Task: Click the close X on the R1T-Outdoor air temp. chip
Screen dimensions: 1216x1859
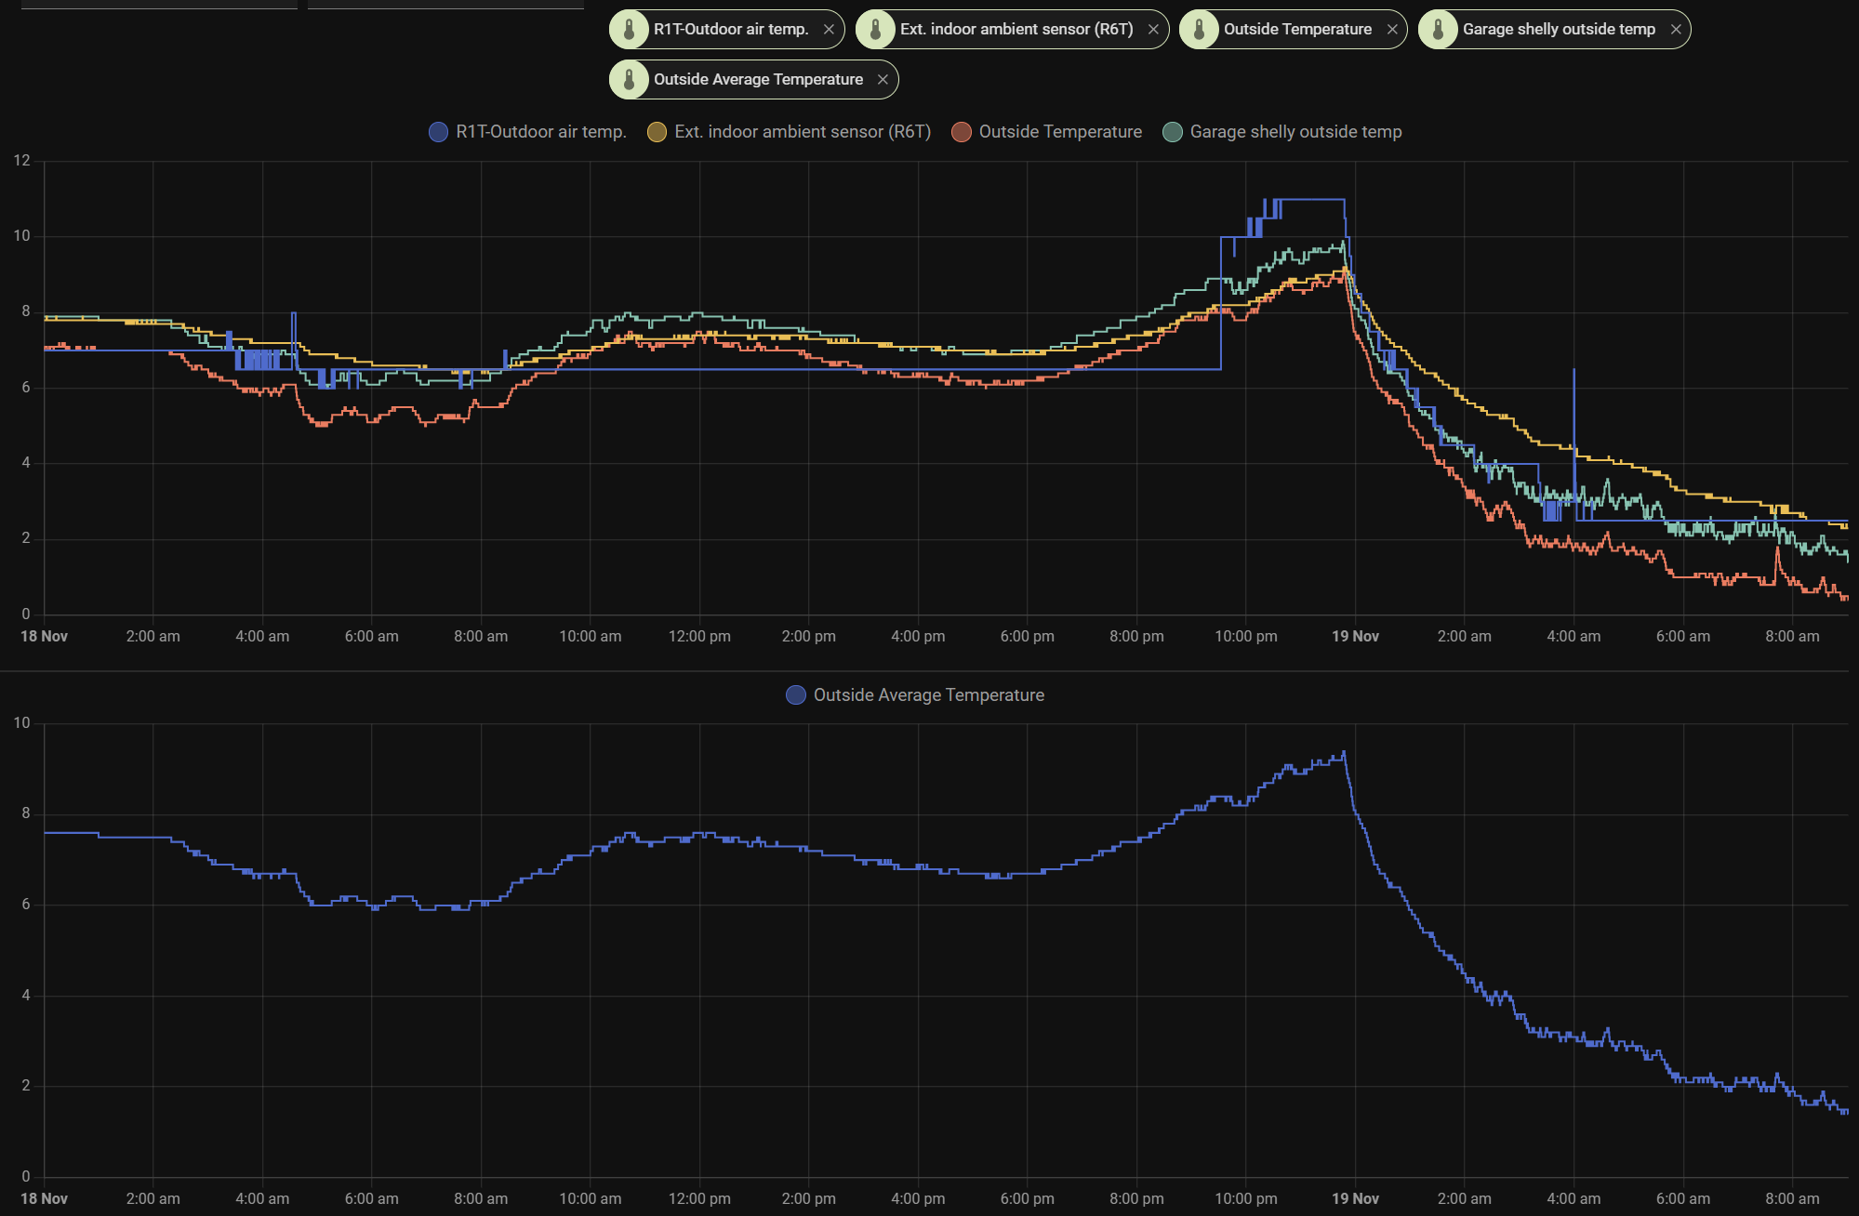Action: [x=829, y=30]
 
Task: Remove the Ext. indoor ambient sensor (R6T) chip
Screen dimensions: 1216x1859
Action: [x=1153, y=30]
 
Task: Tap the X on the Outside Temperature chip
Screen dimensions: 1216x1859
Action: [x=1392, y=30]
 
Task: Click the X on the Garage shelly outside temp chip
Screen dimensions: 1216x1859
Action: [x=1676, y=30]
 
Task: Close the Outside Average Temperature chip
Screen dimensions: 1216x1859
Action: [x=883, y=80]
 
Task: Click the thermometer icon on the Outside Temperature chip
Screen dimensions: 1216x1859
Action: [x=1200, y=30]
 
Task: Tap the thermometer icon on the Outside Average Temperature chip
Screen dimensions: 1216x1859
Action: [x=630, y=80]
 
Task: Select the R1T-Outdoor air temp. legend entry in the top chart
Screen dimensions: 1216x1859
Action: [x=540, y=132]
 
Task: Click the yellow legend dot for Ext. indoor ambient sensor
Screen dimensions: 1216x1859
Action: [x=657, y=132]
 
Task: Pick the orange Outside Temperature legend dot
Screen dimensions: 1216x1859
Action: [x=962, y=132]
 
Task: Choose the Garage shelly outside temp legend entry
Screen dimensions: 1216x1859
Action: [x=1295, y=132]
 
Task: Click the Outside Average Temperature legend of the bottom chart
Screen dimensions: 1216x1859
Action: [x=928, y=695]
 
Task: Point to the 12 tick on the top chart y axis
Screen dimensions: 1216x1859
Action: [x=22, y=161]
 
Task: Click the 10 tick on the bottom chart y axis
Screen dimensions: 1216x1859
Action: [x=22, y=723]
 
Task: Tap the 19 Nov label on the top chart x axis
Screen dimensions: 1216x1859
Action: [x=1355, y=637]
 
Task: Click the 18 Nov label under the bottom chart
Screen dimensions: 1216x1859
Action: [x=45, y=1199]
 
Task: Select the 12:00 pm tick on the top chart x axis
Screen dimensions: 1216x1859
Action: [x=699, y=637]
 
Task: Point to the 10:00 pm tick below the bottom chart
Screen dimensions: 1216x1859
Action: [x=1246, y=1199]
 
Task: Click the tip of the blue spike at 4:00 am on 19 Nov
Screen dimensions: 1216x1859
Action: [x=1574, y=370]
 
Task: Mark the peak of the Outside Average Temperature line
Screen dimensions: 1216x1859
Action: [x=1343, y=752]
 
